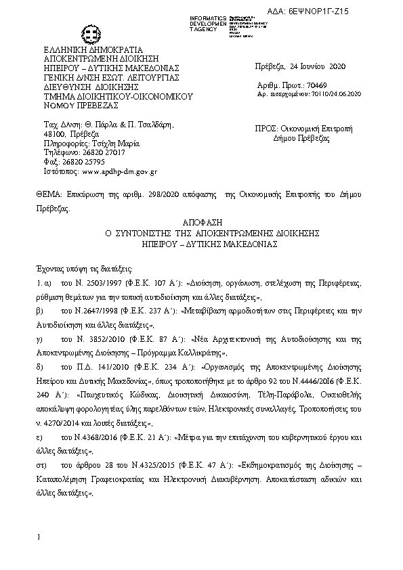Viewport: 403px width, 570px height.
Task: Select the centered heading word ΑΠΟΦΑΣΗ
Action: pyautogui.click(x=201, y=221)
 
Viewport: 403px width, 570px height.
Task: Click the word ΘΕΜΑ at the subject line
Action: pyautogui.click(x=47, y=194)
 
